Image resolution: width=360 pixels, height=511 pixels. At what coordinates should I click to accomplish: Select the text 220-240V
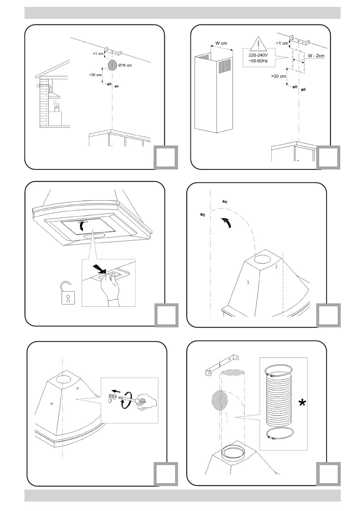click(259, 55)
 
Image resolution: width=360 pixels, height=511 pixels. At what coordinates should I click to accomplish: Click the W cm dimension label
click(221, 43)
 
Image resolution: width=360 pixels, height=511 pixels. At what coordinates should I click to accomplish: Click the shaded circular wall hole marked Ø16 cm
click(112, 65)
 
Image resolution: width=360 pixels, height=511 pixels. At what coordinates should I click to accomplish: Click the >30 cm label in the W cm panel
click(278, 77)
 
